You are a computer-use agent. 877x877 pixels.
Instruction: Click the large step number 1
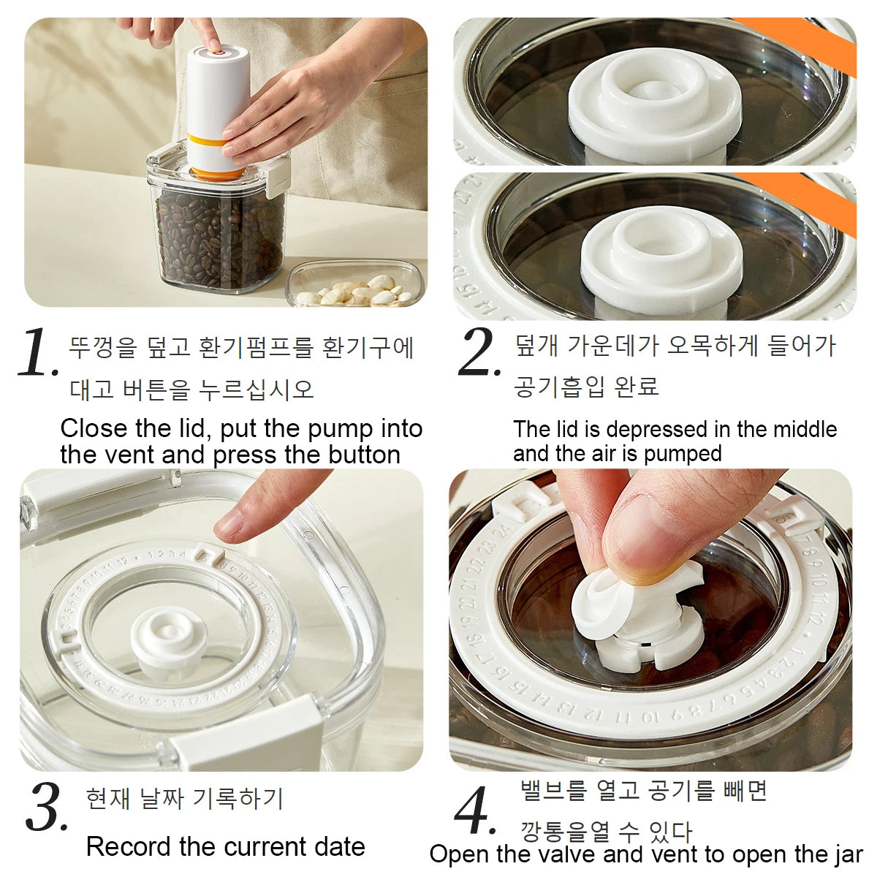37,352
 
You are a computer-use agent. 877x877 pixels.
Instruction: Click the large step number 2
479,352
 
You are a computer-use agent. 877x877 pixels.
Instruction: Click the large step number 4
475,811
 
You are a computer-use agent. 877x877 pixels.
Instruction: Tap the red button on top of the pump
217,53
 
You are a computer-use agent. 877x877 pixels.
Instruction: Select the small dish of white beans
355,286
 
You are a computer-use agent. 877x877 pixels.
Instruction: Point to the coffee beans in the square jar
219,234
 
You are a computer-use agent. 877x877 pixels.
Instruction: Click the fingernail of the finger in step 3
229,525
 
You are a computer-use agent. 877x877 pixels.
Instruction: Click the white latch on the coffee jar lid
274,175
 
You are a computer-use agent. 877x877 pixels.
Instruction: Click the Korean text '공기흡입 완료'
586,386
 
